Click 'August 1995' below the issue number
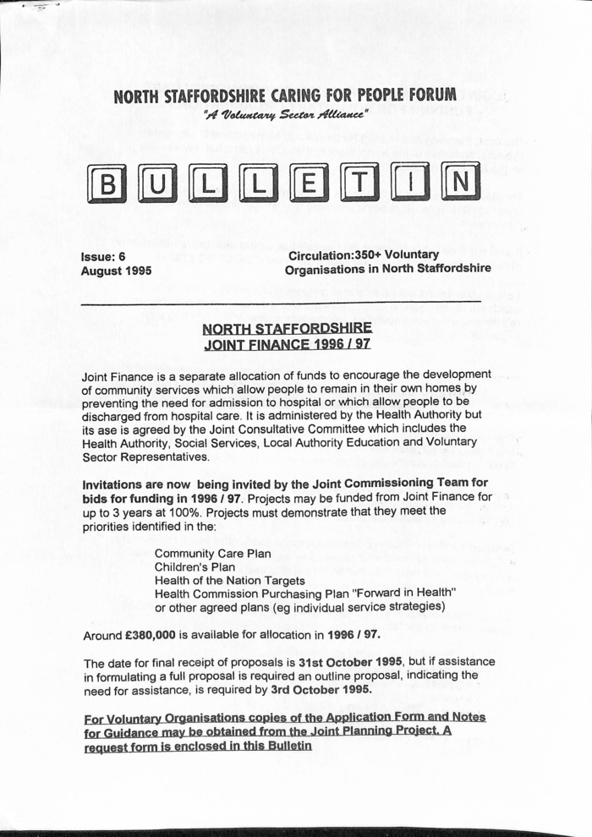click(116, 271)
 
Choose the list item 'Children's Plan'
click(195, 567)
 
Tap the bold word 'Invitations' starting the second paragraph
click(117, 484)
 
